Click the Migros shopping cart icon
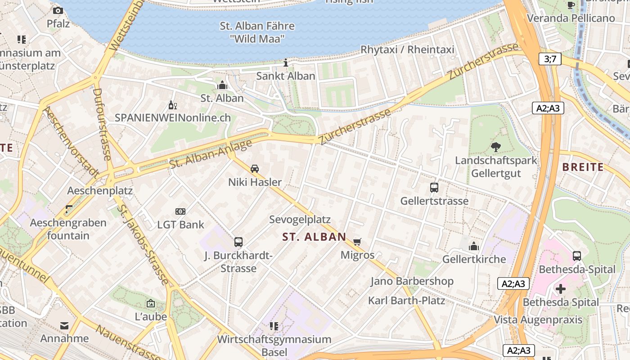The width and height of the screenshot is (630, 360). (357, 242)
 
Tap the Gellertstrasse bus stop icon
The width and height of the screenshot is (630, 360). (434, 188)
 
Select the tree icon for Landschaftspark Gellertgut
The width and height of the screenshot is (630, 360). (496, 147)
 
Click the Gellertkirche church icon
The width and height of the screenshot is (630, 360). (474, 246)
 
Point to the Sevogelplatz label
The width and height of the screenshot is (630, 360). (300, 220)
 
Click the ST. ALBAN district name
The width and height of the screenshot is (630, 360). (314, 237)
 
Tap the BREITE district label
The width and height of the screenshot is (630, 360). (583, 167)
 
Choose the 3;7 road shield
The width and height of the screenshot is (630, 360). (550, 58)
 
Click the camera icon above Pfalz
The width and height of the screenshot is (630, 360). (58, 10)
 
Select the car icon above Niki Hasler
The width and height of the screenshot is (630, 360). (255, 169)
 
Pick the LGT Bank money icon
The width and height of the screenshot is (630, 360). (180, 211)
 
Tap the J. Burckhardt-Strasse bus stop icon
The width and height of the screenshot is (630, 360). (238, 242)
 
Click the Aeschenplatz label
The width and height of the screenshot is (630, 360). (100, 190)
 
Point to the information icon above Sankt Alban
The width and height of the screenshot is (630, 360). (286, 63)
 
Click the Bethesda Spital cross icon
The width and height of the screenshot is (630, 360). (561, 288)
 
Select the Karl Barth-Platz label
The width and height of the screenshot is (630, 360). (406, 300)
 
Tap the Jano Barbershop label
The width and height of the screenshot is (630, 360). (412, 281)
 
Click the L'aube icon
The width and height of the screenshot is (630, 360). (151, 304)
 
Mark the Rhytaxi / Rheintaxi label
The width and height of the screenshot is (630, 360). (407, 49)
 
